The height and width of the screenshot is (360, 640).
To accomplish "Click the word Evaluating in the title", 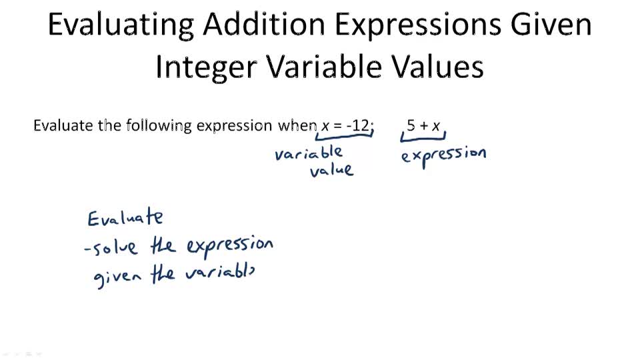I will [x=121, y=25].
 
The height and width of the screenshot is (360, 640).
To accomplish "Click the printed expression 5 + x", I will [x=424, y=125].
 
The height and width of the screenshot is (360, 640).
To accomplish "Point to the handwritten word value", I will [x=331, y=169].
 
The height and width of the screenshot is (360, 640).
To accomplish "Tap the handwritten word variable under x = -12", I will [x=309, y=154].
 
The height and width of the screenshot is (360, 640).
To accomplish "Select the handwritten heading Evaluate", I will [x=125, y=217].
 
